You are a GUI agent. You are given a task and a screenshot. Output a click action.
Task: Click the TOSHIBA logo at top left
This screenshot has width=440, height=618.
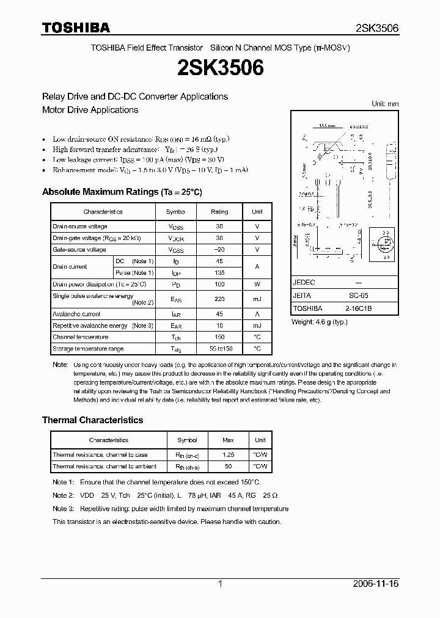[x=76, y=28]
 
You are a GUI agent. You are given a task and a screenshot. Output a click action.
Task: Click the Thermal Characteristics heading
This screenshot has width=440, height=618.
[x=92, y=420]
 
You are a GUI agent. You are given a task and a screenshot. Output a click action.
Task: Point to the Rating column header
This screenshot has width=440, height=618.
[x=219, y=212]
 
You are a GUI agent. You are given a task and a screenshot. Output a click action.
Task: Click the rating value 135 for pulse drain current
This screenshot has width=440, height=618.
[x=219, y=272]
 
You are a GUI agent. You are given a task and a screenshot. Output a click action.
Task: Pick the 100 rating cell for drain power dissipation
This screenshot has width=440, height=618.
[x=219, y=285]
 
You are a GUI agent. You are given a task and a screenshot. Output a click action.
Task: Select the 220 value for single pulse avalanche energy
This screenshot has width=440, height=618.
[x=219, y=299]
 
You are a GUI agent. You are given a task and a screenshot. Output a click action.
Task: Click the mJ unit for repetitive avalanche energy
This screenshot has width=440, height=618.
[x=257, y=325]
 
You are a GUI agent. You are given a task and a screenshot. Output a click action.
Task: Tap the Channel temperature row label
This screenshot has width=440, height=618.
[x=80, y=337]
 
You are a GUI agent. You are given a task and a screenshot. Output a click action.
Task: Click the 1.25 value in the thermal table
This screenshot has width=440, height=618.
[x=229, y=455]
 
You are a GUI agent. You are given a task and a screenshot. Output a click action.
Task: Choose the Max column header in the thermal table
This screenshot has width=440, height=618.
[x=229, y=440]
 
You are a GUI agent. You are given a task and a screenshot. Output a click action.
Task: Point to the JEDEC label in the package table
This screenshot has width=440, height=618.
[x=304, y=283]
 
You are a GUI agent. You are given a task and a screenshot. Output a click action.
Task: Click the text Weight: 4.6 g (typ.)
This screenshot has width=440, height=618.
[x=323, y=321]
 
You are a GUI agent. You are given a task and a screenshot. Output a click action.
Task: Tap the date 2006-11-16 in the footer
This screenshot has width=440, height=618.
[x=376, y=584]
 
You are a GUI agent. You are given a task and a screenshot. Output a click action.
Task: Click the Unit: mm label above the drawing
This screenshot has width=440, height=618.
[x=384, y=104]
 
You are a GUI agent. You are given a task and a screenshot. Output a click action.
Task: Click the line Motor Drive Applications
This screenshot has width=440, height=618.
[x=90, y=110]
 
